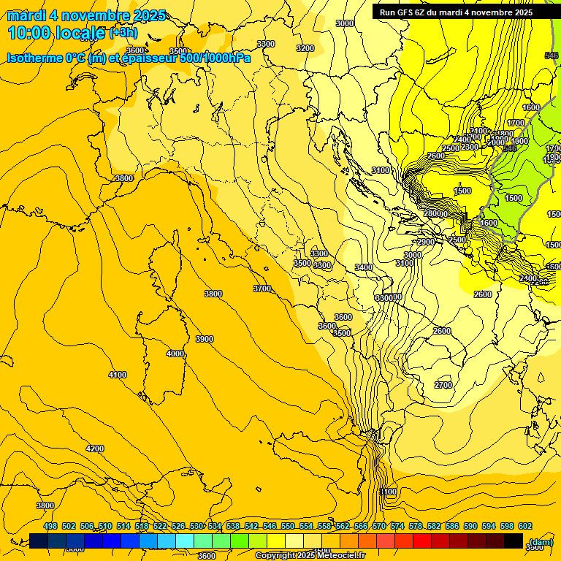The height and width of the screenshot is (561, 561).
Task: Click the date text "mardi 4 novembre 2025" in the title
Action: tap(86, 15)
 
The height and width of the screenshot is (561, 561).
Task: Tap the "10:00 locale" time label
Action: tap(57, 33)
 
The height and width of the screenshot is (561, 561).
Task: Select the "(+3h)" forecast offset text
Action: tap(123, 33)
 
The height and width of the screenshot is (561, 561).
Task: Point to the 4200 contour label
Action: tap(94, 449)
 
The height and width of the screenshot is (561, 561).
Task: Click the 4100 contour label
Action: tap(117, 375)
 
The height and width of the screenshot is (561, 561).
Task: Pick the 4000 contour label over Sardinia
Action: tap(175, 354)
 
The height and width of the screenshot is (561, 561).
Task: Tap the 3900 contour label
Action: tap(205, 339)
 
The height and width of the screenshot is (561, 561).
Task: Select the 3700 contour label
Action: tap(262, 289)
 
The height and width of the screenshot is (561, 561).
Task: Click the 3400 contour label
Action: tap(364, 267)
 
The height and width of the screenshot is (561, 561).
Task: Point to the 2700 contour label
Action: tap(443, 385)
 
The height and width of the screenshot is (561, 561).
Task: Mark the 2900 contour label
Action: tap(426, 242)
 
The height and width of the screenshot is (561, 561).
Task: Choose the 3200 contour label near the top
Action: tap(305, 48)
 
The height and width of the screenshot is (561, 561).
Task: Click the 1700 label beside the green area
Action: tap(516, 123)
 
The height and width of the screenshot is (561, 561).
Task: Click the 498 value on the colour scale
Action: tap(50, 526)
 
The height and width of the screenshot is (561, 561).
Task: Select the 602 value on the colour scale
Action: tap(525, 526)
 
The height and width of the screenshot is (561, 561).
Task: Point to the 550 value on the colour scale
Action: tap(288, 526)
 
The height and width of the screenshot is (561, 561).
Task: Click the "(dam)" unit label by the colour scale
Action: tap(541, 542)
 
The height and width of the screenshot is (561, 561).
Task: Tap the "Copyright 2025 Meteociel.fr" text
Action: tap(310, 556)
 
